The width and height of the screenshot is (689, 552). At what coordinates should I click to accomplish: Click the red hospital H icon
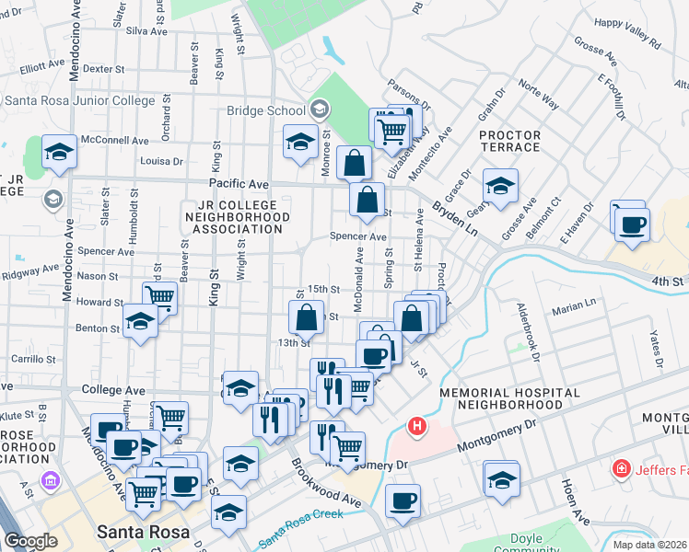(417, 427)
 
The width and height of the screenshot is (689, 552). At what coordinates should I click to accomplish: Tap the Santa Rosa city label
(142, 533)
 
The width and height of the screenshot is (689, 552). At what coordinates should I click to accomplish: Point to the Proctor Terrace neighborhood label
(509, 141)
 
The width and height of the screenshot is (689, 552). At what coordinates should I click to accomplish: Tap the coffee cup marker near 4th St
(632, 224)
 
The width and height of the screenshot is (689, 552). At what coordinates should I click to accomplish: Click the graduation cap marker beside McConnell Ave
(60, 153)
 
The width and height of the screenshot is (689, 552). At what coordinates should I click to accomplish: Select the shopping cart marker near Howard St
(160, 297)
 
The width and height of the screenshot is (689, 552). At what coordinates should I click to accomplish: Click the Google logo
(30, 541)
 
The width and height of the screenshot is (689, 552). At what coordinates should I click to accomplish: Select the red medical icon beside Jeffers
(622, 470)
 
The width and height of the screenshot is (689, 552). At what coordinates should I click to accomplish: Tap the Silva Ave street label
(146, 30)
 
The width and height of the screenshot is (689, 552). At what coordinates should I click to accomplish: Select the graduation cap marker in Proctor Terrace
(500, 186)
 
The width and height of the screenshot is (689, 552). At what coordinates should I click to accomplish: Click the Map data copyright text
(648, 544)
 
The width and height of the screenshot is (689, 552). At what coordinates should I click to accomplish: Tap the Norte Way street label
(538, 95)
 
